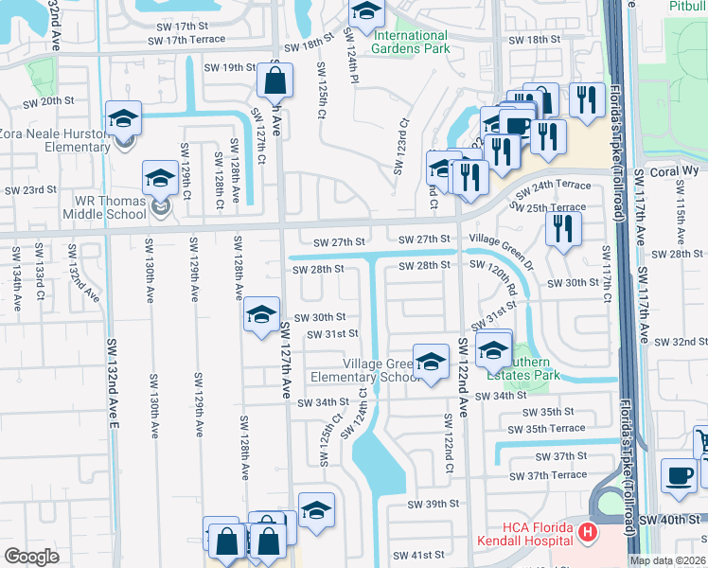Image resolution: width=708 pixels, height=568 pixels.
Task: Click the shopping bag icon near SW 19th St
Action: pos(274,82)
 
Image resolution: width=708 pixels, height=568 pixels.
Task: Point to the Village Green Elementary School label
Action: pos(384,370)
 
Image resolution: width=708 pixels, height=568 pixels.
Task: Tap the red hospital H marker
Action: pos(587,533)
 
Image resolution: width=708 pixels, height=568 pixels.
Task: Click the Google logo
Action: pos(31,557)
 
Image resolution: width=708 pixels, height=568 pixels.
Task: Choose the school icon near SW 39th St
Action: pos(316,510)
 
